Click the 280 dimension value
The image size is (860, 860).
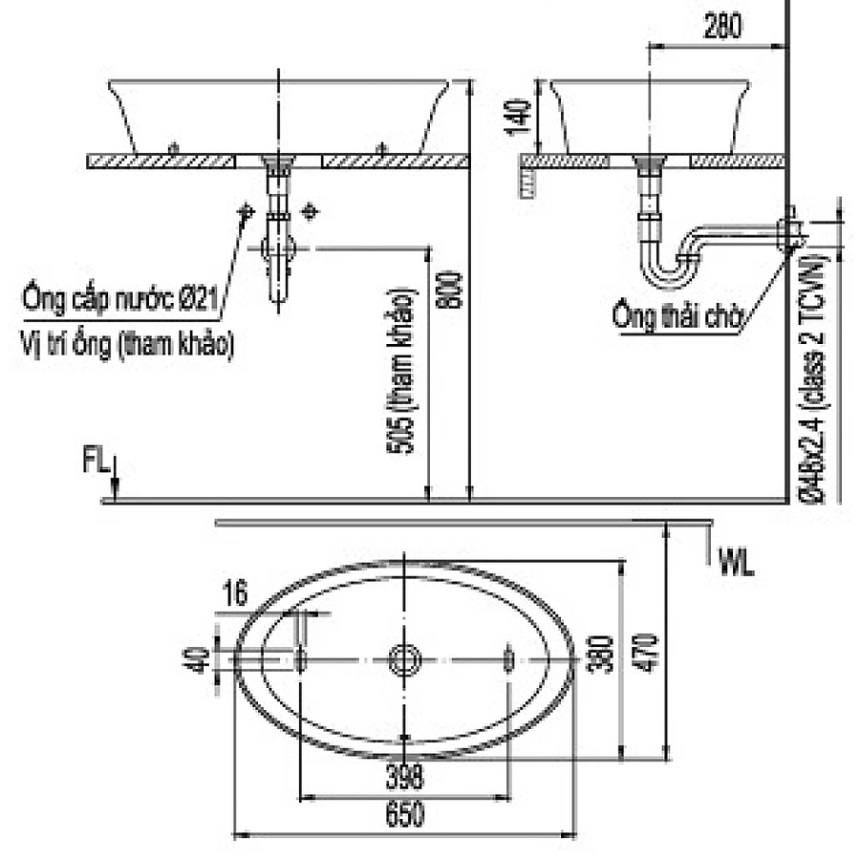721,28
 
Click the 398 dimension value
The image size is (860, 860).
404,778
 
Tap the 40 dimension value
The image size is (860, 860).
198,658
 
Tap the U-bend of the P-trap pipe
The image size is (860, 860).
666,273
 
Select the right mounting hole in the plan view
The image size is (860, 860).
507,658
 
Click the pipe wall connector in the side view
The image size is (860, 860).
789,230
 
